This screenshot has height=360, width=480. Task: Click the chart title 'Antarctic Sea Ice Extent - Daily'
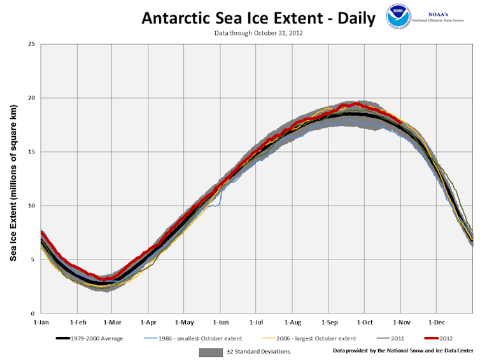tap(258, 18)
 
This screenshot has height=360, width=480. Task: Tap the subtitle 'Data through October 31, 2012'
tap(258, 32)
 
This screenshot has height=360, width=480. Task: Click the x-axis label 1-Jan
tap(41, 323)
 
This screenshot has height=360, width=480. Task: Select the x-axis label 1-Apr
tap(148, 323)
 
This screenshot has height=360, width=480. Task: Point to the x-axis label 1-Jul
tap(257, 323)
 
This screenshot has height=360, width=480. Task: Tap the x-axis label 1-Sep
tap(329, 323)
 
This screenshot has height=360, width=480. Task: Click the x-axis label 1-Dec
tap(437, 323)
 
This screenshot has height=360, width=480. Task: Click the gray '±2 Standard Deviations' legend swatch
tap(212, 351)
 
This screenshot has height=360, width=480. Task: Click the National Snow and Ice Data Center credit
tap(402, 350)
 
